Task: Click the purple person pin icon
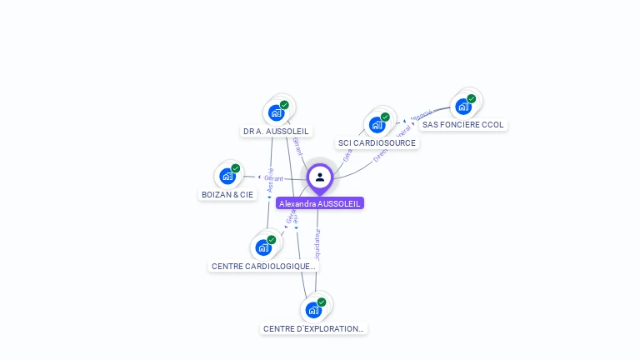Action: [320, 177]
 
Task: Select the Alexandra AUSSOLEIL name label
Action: [320, 203]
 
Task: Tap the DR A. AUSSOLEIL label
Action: [276, 132]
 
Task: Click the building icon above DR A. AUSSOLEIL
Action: [277, 112]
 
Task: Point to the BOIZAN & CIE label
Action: [227, 195]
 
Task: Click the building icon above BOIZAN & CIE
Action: [227, 176]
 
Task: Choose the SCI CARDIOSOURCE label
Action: [377, 143]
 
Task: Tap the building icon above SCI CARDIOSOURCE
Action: [377, 125]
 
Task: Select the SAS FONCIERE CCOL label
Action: [462, 125]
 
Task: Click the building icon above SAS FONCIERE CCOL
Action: [463, 106]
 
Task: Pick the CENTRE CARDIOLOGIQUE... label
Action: [263, 267]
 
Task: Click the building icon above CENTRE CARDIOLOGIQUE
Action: [263, 247]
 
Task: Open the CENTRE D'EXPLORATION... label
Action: [313, 329]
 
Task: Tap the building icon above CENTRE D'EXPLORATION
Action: [313, 310]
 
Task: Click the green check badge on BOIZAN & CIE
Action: [236, 168]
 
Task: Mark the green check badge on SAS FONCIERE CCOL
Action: [472, 98]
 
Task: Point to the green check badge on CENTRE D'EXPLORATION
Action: [322, 302]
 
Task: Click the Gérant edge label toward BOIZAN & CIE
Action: [274, 178]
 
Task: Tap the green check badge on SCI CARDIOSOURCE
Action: [385, 117]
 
